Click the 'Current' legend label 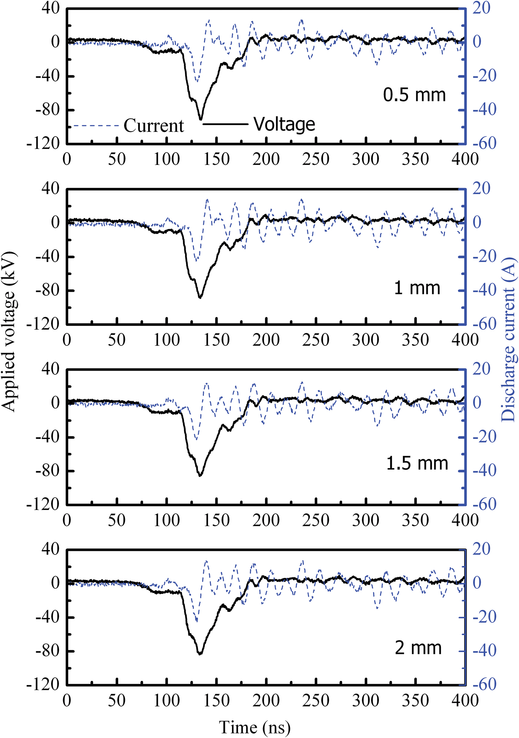point(153,126)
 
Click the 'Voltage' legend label point(284,124)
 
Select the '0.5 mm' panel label point(414,95)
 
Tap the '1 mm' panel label point(417,288)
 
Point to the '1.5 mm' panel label point(417,463)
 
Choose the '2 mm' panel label point(418,648)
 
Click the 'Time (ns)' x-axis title point(255,727)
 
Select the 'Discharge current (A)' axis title point(509,339)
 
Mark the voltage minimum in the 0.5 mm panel point(201,119)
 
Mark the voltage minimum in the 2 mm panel point(200,653)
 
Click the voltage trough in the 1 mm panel point(200,297)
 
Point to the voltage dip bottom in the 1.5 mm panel point(200,475)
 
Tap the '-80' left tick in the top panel point(48,110)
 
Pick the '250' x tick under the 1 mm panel point(316,340)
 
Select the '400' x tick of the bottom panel point(465,700)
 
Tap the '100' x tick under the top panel point(166,159)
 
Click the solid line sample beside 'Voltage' point(225,124)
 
